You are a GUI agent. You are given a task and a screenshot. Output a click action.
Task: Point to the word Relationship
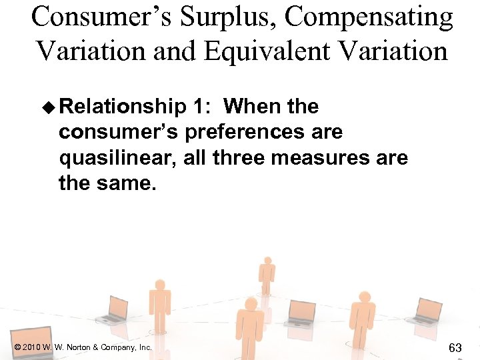pos(126,107)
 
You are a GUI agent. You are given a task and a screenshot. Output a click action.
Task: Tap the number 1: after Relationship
pos(204,107)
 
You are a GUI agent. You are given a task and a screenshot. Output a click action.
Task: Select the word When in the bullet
pos(254,107)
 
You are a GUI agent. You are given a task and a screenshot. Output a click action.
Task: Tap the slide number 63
pos(456,347)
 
